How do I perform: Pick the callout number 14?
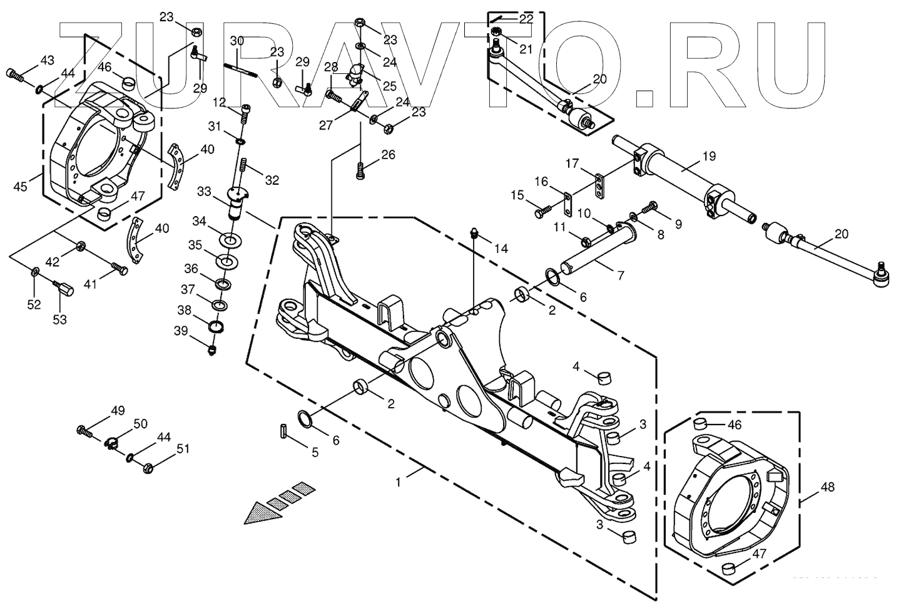501,248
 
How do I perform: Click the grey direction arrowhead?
258,512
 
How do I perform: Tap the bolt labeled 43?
15,75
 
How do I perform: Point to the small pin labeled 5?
283,432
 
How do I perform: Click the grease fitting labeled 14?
476,234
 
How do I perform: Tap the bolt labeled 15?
542,211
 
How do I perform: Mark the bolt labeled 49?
84,431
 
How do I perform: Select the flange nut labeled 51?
148,467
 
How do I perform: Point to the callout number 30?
237,41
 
